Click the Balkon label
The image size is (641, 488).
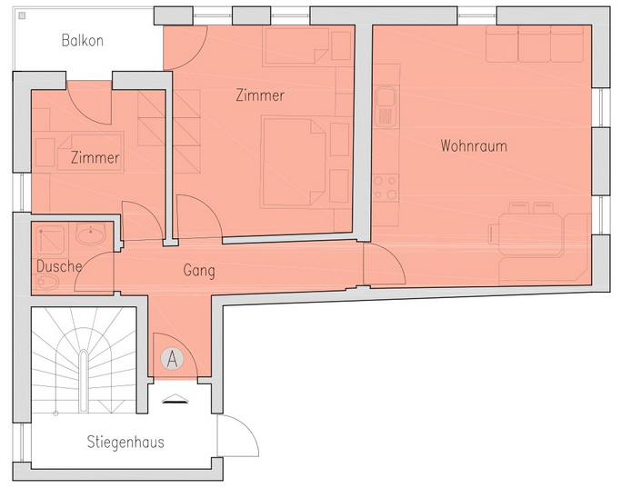tap(82, 41)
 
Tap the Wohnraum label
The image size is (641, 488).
tap(474, 146)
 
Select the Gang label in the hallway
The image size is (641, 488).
tap(199, 271)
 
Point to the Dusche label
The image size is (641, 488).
tap(59, 266)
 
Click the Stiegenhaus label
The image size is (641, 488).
tap(125, 442)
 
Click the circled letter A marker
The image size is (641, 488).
tap(172, 359)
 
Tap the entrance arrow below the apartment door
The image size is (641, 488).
tap(175, 399)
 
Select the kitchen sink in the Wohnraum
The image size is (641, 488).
tap(386, 106)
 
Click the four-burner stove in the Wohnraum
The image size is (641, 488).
tap(386, 187)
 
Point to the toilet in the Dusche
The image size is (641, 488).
tap(47, 282)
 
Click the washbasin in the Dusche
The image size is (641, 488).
tap(90, 234)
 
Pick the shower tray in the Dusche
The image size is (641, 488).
tap(50, 240)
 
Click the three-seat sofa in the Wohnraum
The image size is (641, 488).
tap(535, 44)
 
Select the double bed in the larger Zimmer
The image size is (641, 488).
tap(294, 163)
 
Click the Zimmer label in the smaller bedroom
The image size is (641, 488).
tap(95, 158)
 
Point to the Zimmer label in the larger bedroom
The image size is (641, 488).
tap(260, 95)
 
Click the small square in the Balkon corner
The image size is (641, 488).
tap(22, 15)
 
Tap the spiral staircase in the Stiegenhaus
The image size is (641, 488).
tap(84, 360)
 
